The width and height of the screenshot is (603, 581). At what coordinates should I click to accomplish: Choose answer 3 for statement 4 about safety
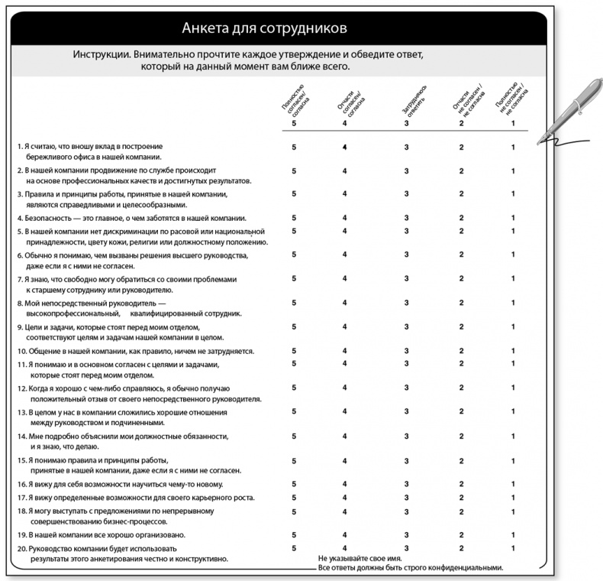[407, 218]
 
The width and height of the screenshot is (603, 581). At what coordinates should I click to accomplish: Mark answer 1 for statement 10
[513, 351]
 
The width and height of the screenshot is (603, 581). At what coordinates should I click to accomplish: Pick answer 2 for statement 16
[461, 484]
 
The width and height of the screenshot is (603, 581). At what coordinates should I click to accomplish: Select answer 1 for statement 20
[513, 548]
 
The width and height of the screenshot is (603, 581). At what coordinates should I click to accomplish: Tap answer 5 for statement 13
[293, 411]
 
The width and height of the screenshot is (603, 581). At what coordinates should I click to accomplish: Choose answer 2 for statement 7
[461, 278]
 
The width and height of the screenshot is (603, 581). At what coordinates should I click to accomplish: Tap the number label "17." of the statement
[21, 498]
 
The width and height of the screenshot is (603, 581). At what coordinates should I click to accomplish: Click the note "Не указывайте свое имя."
[359, 559]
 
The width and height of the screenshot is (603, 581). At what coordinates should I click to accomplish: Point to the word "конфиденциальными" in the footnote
[466, 568]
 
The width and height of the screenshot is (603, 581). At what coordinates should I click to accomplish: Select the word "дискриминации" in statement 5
[136, 231]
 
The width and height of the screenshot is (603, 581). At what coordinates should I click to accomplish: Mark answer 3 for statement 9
[407, 327]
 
